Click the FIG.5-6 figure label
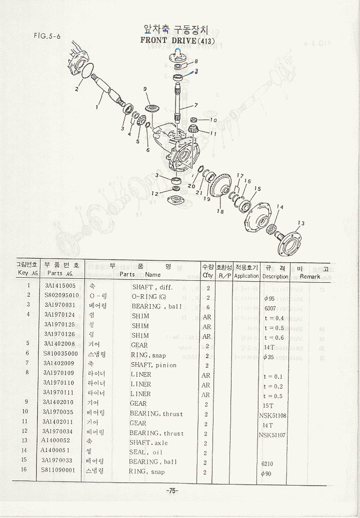(x=47, y=35)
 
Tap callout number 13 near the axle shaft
(x=300, y=223)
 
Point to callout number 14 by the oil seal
(x=279, y=207)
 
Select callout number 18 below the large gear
(x=220, y=211)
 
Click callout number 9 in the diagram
(x=145, y=89)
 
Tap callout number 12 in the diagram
(x=155, y=193)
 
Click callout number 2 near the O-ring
(x=77, y=89)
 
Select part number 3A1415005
(x=60, y=286)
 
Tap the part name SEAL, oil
(x=148, y=452)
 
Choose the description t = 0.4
(x=273, y=318)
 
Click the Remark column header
(x=310, y=276)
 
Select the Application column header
(x=246, y=276)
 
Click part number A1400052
(x=55, y=441)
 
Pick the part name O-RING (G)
(x=149, y=296)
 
